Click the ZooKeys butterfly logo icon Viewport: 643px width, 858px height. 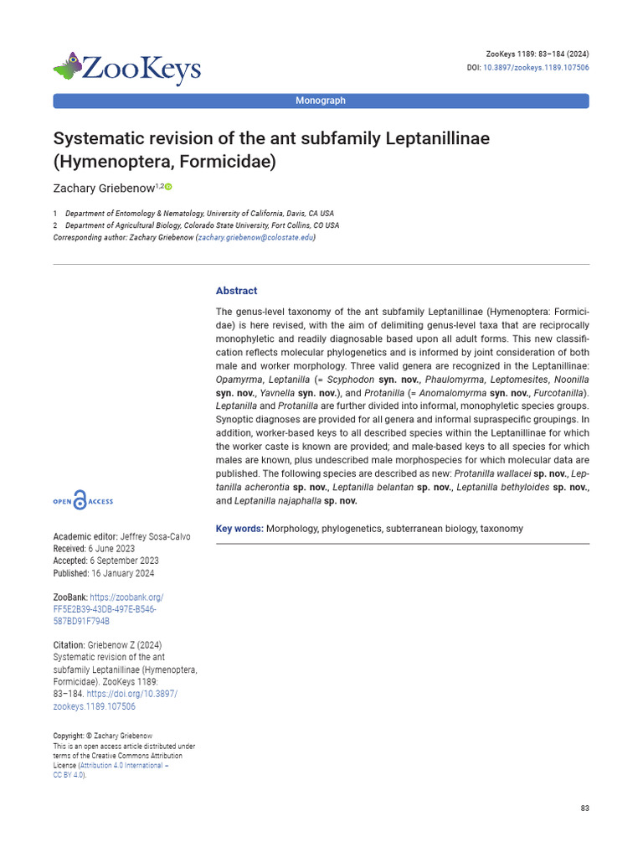[68, 66]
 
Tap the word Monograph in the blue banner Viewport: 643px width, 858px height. [321, 101]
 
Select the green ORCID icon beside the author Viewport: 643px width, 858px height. [168, 187]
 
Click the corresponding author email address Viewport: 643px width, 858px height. [255, 237]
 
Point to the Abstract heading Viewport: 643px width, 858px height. [236, 291]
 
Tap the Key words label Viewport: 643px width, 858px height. [239, 529]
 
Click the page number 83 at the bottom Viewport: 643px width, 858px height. [584, 808]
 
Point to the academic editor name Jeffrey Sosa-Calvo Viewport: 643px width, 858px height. [155, 536]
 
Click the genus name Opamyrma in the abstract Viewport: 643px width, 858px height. [236, 380]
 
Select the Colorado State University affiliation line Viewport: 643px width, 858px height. [202, 225]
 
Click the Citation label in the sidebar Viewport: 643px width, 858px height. [69, 645]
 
